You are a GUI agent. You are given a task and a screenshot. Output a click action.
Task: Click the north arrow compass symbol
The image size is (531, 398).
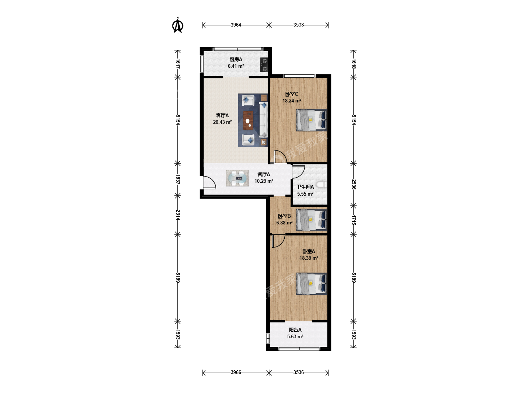[178, 25]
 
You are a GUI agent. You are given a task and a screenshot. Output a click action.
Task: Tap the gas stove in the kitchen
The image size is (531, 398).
[264, 65]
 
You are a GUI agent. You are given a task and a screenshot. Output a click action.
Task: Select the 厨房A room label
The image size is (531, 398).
[236, 59]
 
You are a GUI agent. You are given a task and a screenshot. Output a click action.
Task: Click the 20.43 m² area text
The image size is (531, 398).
[222, 122]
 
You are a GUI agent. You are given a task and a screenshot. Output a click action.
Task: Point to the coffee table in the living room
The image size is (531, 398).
[248, 120]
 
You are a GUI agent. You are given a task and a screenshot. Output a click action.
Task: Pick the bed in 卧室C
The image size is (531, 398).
[311, 120]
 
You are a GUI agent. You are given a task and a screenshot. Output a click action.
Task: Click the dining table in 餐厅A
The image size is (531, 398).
[237, 178]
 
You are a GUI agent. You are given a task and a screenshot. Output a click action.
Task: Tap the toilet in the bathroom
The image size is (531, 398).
[322, 185]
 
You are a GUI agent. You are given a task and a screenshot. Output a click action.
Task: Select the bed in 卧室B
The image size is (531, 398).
[311, 220]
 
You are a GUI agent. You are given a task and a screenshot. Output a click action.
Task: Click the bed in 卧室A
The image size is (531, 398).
[311, 284]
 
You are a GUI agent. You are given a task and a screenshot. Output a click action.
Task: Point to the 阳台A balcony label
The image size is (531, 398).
[295, 330]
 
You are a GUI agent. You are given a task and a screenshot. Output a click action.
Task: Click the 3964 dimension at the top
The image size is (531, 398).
[236, 25]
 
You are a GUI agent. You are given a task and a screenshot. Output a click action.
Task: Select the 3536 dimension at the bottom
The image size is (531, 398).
[299, 372]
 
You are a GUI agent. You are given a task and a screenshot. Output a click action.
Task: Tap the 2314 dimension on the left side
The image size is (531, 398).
[178, 214]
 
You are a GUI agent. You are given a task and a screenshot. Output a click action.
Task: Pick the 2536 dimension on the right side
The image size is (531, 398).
[353, 184]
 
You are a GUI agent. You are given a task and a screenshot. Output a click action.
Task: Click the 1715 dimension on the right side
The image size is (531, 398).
[353, 220]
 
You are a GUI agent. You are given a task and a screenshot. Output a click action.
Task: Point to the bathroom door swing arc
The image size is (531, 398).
[298, 172]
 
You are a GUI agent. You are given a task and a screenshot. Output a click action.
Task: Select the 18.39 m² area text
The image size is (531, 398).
[309, 258]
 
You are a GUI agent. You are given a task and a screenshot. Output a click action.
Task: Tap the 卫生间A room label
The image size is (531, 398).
[305, 187]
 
